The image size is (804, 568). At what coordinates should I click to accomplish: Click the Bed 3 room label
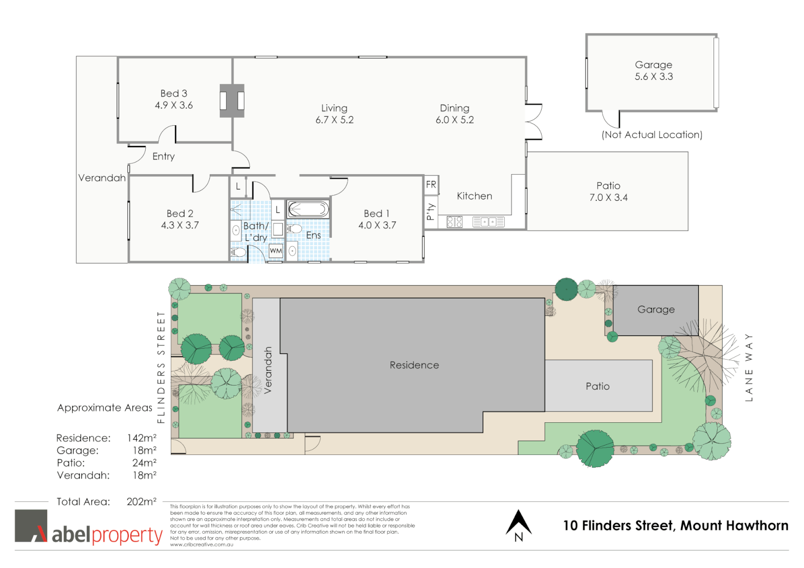pyautogui.click(x=174, y=94)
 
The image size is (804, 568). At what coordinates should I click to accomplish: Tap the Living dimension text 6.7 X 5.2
pyautogui.click(x=334, y=120)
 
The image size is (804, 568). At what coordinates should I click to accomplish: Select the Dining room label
pyautogui.click(x=454, y=108)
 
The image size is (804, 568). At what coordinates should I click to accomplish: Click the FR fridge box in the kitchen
pyautogui.click(x=431, y=185)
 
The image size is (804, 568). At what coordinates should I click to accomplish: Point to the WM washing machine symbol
pyautogui.click(x=276, y=251)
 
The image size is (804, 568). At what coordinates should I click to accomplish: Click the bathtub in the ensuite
pyautogui.click(x=308, y=210)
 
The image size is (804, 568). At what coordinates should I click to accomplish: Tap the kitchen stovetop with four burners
pyautogui.click(x=454, y=222)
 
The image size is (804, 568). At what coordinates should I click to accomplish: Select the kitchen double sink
pyautogui.click(x=488, y=222)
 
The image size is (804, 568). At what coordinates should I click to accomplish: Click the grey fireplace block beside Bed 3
pyautogui.click(x=232, y=100)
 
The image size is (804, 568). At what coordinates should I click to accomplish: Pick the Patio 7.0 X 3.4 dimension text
pyautogui.click(x=608, y=198)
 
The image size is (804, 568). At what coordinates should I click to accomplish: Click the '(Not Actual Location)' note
pyautogui.click(x=652, y=135)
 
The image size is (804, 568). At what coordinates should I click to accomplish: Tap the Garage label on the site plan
pyautogui.click(x=656, y=310)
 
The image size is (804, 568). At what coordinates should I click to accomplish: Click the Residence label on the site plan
pyautogui.click(x=414, y=365)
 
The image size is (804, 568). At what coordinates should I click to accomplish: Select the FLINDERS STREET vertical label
pyautogui.click(x=161, y=367)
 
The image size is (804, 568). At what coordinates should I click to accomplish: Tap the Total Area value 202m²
pyautogui.click(x=141, y=502)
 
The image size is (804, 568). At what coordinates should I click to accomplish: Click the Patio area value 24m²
pyautogui.click(x=144, y=463)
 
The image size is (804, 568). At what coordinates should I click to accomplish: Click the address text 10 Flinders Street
pyautogui.click(x=675, y=525)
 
